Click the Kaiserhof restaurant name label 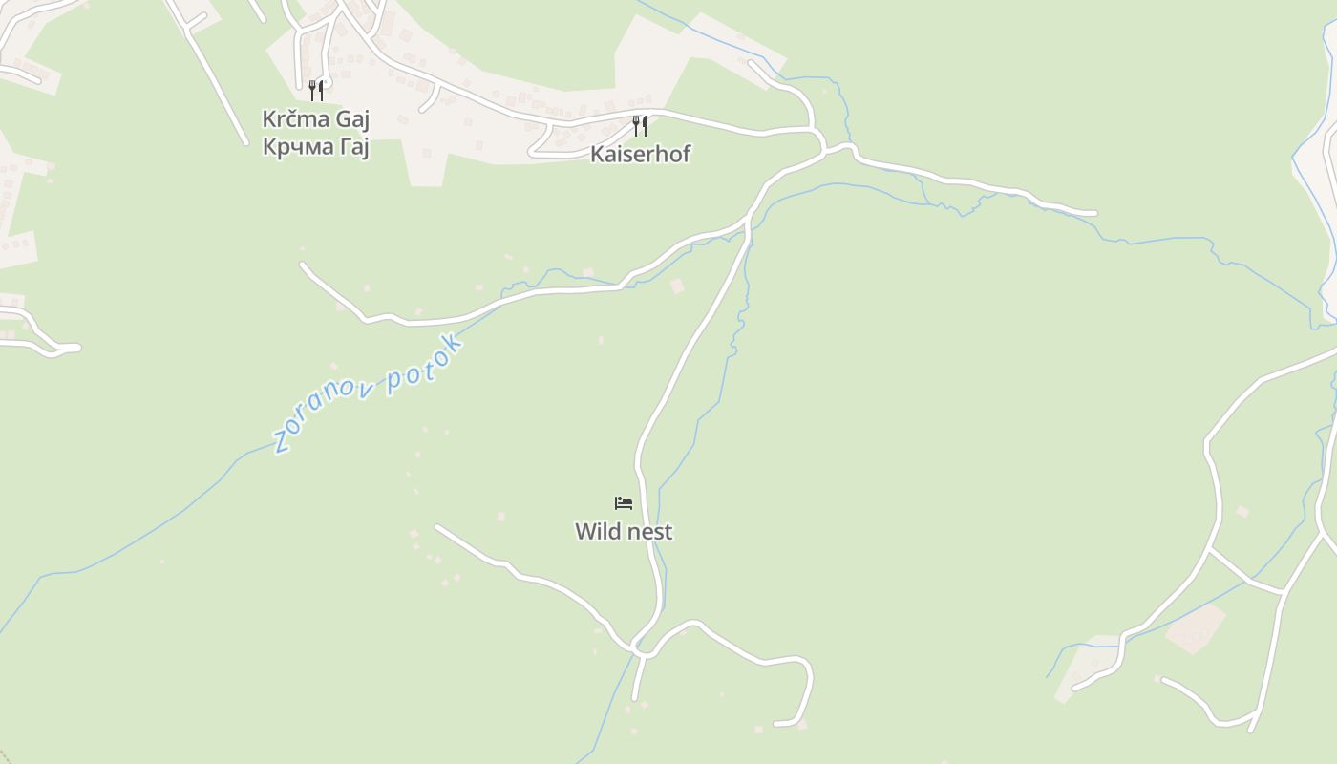click(640, 154)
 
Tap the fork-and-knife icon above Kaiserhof click(640, 125)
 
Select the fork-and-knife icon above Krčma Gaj click(315, 91)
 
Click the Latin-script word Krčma click(294, 119)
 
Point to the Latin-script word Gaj click(350, 120)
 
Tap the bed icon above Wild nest click(624, 502)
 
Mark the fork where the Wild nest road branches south click(747, 225)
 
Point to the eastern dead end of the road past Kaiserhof click(1093, 213)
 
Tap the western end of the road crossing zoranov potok click(303, 265)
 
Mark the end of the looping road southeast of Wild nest click(776, 724)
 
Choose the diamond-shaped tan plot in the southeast click(1196, 628)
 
